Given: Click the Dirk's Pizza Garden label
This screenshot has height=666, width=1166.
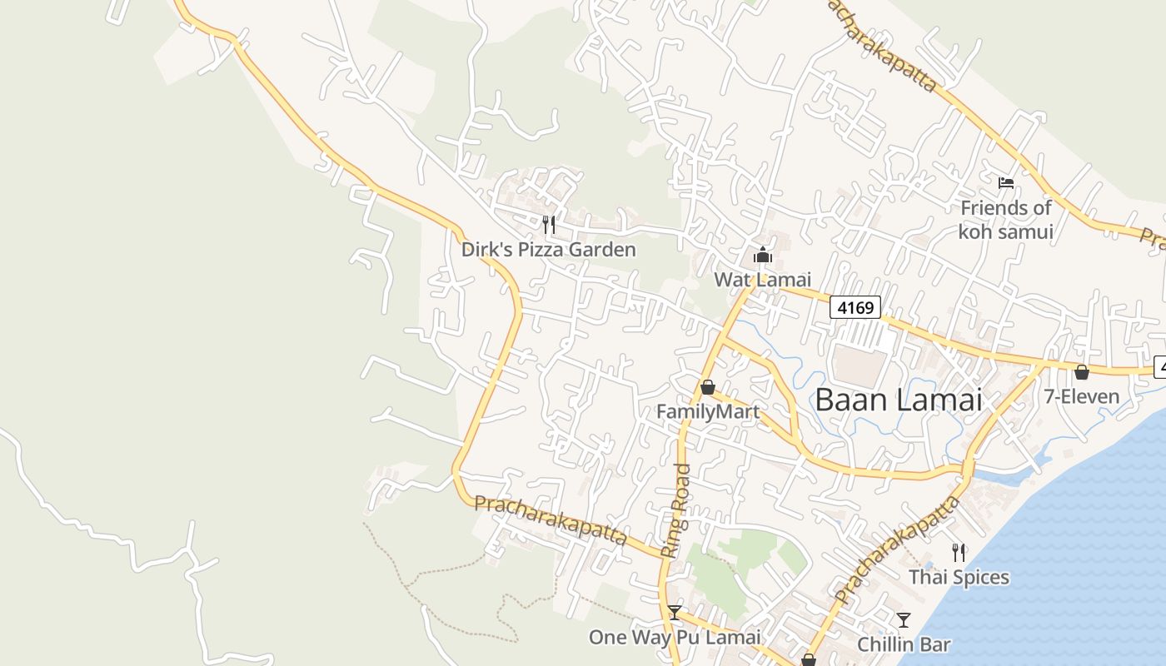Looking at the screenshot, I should [549, 250].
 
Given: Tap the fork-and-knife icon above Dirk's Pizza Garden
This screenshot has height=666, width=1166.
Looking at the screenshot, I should [549, 224].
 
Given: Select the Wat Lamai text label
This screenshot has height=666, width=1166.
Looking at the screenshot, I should [762, 280].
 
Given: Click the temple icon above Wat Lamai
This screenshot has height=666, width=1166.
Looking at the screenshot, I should [763, 255].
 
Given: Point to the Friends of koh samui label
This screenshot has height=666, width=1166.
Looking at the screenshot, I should [1006, 220].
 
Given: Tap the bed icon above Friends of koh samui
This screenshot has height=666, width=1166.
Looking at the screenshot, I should [1006, 183].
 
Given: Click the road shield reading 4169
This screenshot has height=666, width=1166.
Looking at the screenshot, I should [855, 308].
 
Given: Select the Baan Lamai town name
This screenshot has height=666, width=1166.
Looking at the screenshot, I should [899, 400].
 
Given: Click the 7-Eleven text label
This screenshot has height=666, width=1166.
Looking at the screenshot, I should [1082, 396].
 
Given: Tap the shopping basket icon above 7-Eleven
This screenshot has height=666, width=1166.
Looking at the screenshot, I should [1082, 372].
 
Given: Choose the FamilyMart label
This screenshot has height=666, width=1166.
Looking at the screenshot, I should [708, 412].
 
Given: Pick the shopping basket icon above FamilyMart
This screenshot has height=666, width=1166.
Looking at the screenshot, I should [708, 387].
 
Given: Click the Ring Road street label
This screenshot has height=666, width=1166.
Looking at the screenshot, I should [675, 510].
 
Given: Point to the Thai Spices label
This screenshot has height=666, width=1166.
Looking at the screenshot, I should [959, 577].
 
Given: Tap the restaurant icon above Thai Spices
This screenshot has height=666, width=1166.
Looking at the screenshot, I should [959, 552].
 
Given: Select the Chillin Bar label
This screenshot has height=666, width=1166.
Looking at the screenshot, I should [904, 644].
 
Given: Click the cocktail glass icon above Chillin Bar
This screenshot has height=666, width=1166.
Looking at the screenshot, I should [904, 619].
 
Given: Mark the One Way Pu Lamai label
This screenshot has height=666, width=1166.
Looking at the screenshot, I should [675, 638].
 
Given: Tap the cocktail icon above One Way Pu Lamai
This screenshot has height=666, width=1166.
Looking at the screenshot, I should [675, 613].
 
